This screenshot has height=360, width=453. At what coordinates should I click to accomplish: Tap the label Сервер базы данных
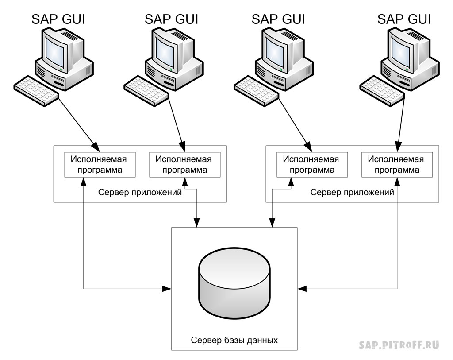pos(234,341)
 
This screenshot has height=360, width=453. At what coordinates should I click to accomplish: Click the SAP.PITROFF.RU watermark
pos(399,345)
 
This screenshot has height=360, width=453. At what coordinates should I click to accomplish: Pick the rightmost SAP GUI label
pos(404,19)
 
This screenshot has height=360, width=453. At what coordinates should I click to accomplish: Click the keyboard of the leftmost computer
pos(36,90)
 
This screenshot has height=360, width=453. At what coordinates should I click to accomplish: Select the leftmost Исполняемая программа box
pos(100,165)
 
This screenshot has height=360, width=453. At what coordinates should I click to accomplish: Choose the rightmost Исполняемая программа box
pos(396,165)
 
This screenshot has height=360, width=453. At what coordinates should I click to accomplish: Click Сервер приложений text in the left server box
pos(140,193)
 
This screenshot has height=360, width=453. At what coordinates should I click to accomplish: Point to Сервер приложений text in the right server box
pos(352,193)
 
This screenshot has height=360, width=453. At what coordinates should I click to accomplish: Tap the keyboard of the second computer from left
pos(146,90)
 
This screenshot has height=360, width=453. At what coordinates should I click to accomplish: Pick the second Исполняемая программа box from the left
pos(185,165)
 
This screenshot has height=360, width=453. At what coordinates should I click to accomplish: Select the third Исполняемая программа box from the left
pos(311,165)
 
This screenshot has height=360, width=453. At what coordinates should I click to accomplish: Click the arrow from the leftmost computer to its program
pos(77,122)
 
